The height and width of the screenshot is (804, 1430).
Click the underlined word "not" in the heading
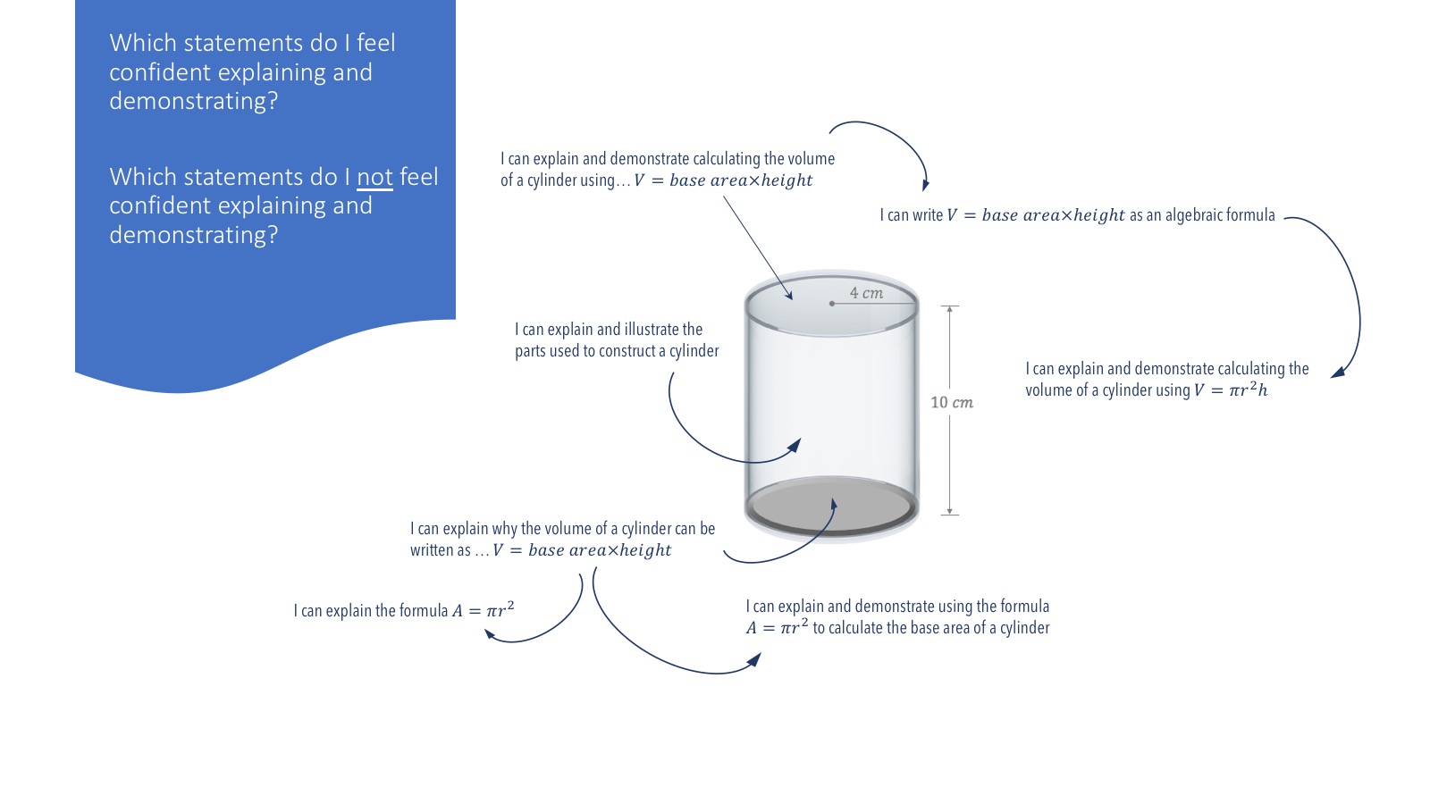(x=374, y=177)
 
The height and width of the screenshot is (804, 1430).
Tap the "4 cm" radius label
(x=866, y=293)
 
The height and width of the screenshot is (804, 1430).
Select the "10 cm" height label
(x=952, y=402)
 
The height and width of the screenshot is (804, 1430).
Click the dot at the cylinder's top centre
(x=832, y=304)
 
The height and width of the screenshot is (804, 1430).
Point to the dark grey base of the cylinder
(x=831, y=506)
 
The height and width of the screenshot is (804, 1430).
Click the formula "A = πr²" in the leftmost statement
(x=484, y=611)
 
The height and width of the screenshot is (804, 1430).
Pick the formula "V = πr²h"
(x=1231, y=390)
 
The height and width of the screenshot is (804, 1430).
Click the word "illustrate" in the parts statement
(x=652, y=330)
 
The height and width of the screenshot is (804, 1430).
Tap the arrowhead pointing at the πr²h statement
(x=1337, y=373)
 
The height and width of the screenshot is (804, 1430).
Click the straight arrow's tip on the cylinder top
(x=790, y=297)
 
